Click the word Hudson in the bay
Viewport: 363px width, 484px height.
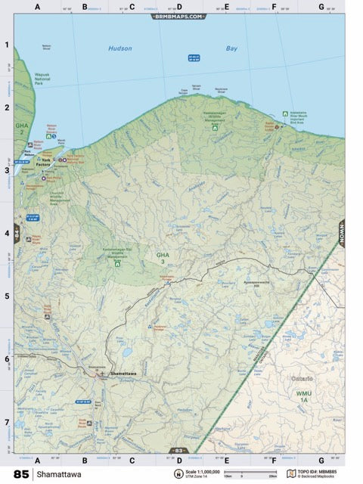click(119, 48)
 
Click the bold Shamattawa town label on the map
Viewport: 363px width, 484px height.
click(123, 374)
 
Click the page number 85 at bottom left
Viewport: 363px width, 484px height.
click(20, 474)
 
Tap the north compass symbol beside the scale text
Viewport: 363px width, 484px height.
click(178, 474)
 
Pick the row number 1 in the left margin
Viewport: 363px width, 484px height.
click(7, 44)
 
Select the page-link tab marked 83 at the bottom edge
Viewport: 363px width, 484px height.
click(180, 451)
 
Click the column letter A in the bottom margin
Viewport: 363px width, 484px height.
click(37, 460)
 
